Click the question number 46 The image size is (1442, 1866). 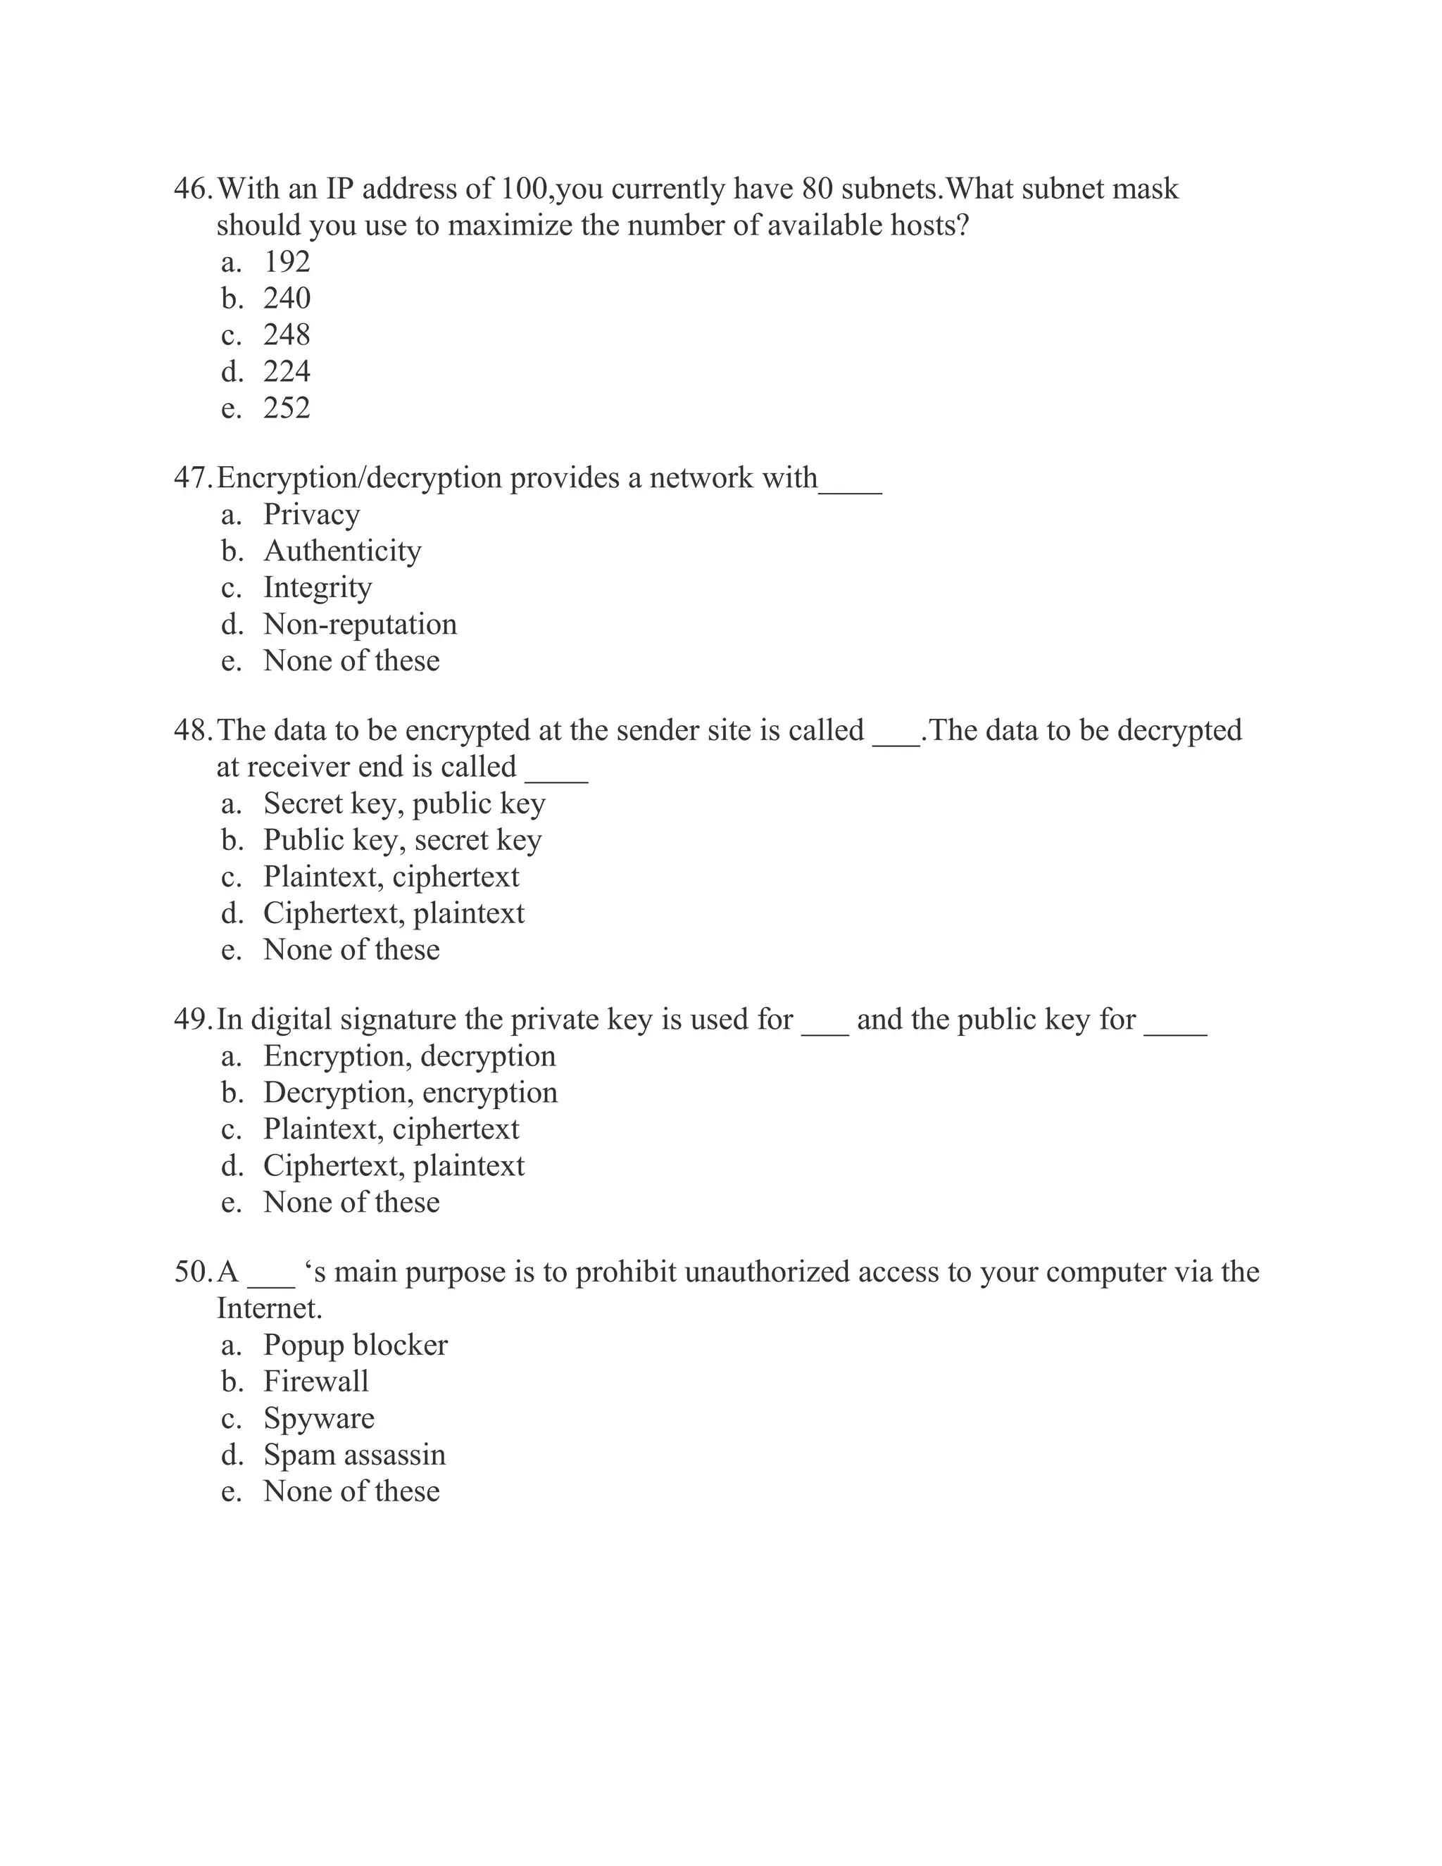(x=192, y=189)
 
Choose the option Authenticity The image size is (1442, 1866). (x=341, y=551)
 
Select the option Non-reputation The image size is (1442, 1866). (x=360, y=625)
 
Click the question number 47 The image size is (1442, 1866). (x=192, y=477)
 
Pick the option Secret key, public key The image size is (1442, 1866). (x=403, y=804)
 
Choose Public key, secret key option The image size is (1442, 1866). (x=401, y=841)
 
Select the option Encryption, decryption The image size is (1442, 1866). (x=409, y=1057)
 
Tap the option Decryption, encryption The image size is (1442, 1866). (x=410, y=1094)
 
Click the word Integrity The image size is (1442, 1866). (x=317, y=588)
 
